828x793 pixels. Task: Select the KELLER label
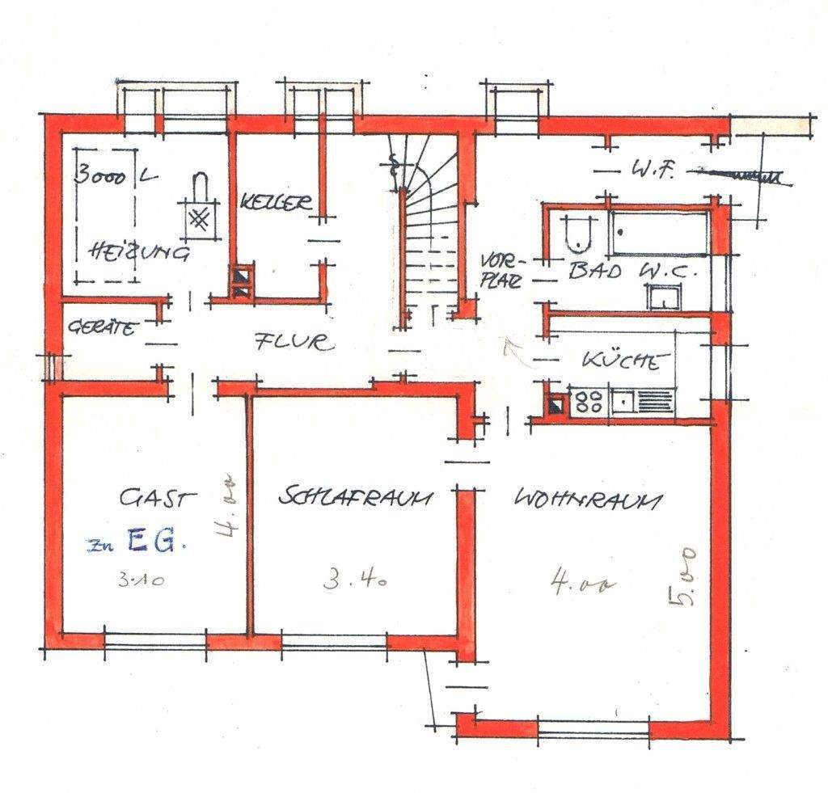point(276,201)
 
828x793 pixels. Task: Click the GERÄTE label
point(100,328)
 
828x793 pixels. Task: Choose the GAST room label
point(158,498)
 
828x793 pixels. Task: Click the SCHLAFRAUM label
point(353,496)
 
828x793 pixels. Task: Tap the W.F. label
point(648,171)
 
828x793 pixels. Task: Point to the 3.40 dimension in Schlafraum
point(354,580)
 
